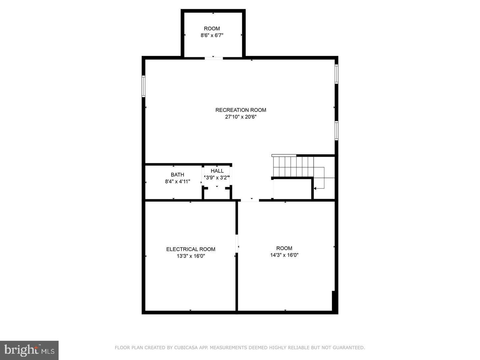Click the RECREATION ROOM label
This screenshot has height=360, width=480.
pyautogui.click(x=241, y=110)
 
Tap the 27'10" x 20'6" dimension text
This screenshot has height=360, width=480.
pyautogui.click(x=241, y=117)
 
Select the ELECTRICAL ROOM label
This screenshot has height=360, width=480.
pyautogui.click(x=191, y=249)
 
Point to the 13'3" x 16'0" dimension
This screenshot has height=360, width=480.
pyautogui.click(x=191, y=256)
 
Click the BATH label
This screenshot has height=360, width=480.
pyautogui.click(x=177, y=175)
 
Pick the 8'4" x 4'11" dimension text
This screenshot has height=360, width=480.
pyautogui.click(x=177, y=182)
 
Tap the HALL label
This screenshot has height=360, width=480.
pyautogui.click(x=217, y=171)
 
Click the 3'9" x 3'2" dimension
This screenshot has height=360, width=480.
pyautogui.click(x=217, y=178)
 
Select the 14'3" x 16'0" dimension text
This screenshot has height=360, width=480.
pyautogui.click(x=284, y=255)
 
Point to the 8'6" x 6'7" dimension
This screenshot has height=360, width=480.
pyautogui.click(x=212, y=35)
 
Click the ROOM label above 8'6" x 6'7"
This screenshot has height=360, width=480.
pyautogui.click(x=212, y=29)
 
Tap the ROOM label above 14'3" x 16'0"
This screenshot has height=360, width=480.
pyautogui.click(x=284, y=248)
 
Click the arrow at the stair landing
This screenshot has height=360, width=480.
pyautogui.click(x=315, y=189)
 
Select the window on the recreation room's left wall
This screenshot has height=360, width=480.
pyautogui.click(x=144, y=86)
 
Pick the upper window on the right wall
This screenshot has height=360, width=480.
pyautogui.click(x=336, y=74)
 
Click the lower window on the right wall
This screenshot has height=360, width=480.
pyautogui.click(x=336, y=131)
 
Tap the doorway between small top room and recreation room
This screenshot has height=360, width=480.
pyautogui.click(x=214, y=58)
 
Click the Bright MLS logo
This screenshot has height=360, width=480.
pyautogui.click(x=29, y=350)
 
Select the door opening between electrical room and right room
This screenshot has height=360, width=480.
pyautogui.click(x=237, y=244)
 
